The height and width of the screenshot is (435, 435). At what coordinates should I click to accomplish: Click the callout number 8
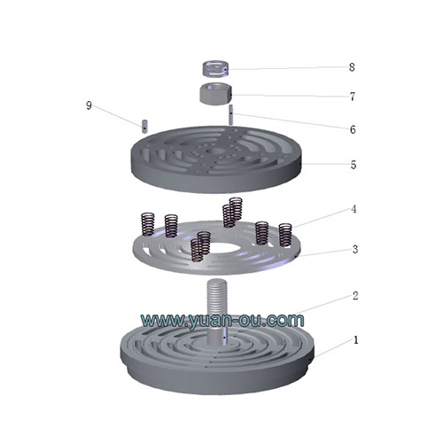(x=352, y=66)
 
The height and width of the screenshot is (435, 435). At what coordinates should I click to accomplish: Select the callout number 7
(x=352, y=96)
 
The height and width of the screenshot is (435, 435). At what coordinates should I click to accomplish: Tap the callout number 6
(x=352, y=129)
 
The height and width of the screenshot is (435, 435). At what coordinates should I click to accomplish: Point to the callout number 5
(x=353, y=164)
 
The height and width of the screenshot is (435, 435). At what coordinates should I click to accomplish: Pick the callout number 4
(x=353, y=210)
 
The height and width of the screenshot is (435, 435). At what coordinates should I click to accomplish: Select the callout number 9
(x=89, y=105)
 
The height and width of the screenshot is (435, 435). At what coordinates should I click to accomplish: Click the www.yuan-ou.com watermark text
(x=222, y=319)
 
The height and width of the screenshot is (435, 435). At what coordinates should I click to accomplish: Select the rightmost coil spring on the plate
(x=285, y=235)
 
